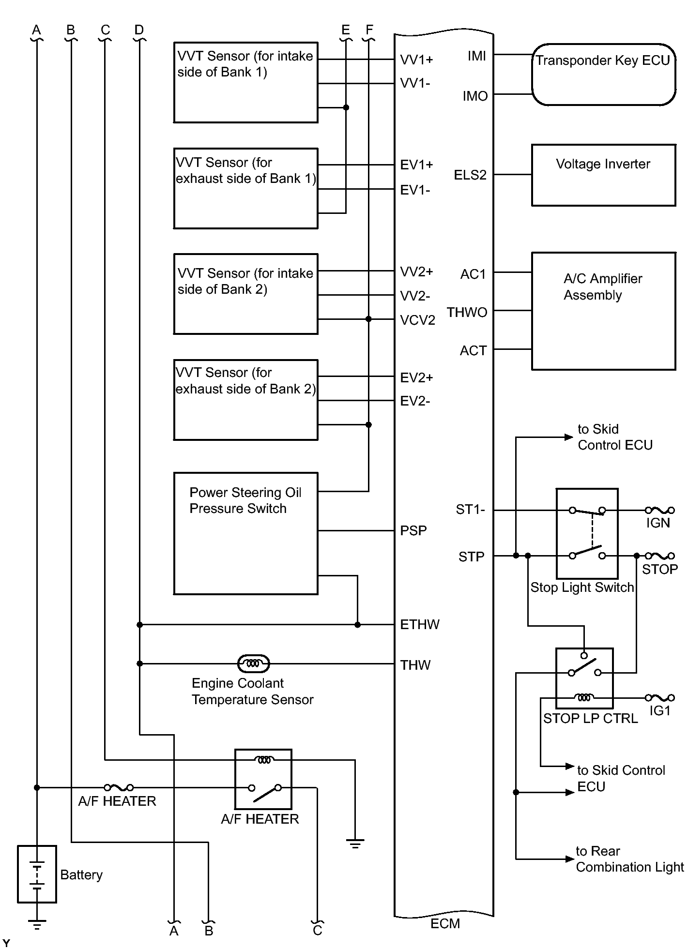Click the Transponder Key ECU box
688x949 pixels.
click(x=603, y=75)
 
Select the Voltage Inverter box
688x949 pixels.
click(x=603, y=175)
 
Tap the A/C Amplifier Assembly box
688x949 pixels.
click(x=603, y=311)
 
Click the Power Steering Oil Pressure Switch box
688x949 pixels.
click(x=245, y=533)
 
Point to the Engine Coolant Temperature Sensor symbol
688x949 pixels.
click(x=253, y=663)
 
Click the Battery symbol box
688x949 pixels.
click(x=37, y=874)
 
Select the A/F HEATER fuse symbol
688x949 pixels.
click(x=119, y=787)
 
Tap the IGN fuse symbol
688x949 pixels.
click(x=659, y=510)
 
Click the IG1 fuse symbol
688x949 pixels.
click(x=659, y=697)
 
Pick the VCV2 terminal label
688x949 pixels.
click(x=417, y=320)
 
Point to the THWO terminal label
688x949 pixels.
click(x=467, y=313)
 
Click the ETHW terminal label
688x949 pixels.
click(x=419, y=625)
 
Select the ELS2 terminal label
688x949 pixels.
click(x=470, y=175)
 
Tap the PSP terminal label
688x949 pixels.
click(x=413, y=531)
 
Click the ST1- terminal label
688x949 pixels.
click(x=470, y=510)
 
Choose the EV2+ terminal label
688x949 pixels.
click(x=416, y=377)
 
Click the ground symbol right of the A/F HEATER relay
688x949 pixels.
click(x=355, y=844)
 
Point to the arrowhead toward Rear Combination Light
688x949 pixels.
click(x=570, y=859)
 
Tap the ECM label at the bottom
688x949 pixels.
click(x=445, y=924)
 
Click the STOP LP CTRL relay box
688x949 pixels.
click(x=584, y=678)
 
